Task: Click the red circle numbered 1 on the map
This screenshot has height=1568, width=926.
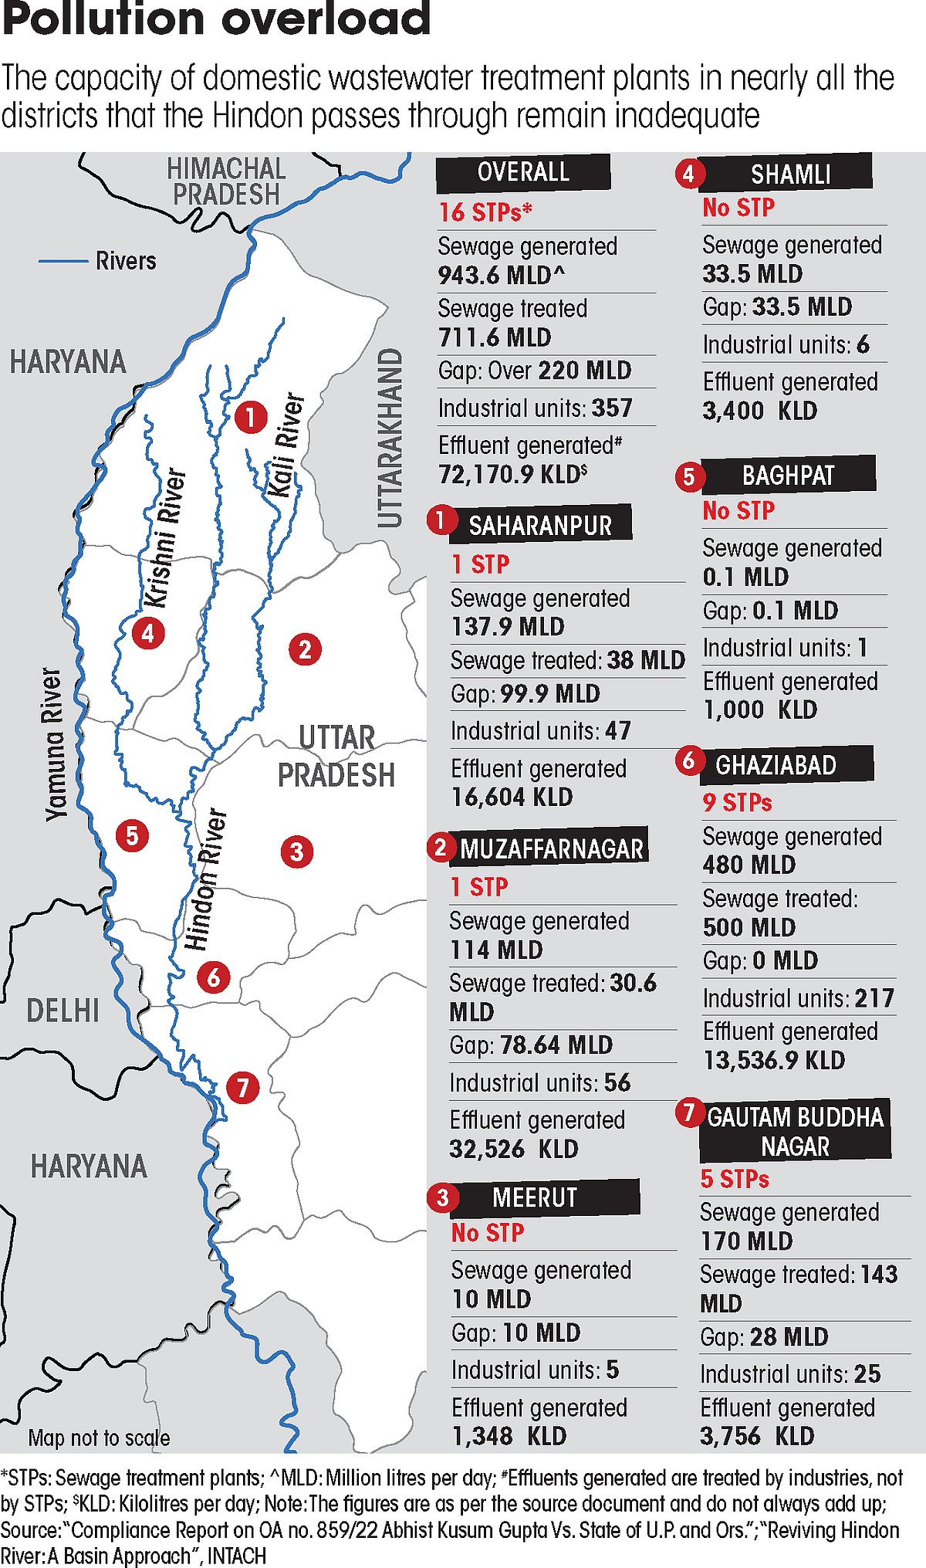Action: (x=251, y=417)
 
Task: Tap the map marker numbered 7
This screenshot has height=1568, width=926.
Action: (x=243, y=1087)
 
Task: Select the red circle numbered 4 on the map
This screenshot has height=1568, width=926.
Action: (x=147, y=633)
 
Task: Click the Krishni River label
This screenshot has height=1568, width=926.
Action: (x=166, y=537)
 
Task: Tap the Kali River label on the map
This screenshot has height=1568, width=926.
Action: (x=285, y=445)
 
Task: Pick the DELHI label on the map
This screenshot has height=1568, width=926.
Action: (x=63, y=1011)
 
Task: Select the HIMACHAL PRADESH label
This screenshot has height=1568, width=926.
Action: (x=226, y=181)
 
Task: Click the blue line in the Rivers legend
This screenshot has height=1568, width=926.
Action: (x=63, y=261)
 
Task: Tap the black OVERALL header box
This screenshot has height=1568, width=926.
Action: (x=523, y=172)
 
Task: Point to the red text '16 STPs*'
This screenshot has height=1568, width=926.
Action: (x=485, y=212)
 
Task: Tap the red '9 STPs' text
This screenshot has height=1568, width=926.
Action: (x=737, y=802)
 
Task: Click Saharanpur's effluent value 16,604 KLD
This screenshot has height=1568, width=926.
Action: (x=512, y=797)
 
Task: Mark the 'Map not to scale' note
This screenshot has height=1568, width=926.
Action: (x=99, y=1438)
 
